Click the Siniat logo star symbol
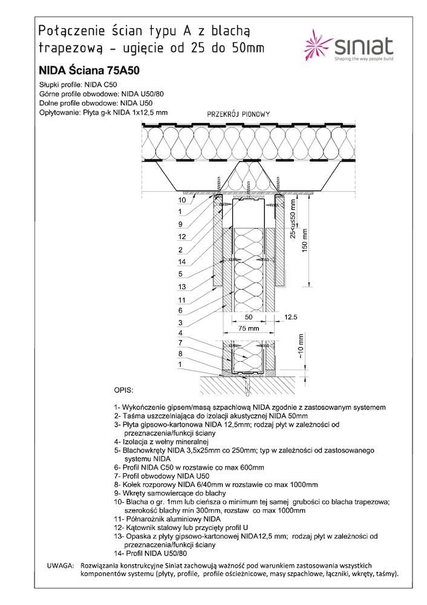coord(318,45)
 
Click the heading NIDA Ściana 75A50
coord(89,71)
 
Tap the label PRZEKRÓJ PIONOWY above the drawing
coord(238,114)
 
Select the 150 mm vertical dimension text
coord(305,241)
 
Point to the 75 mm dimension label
coord(249,329)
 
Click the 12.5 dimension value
coord(290,317)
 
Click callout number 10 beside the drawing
coord(182,200)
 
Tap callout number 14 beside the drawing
coord(182,261)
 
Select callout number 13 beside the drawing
coord(182,287)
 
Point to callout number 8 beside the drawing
coord(180,353)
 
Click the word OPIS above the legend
coord(123,390)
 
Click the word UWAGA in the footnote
coord(60,566)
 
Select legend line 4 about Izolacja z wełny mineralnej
coord(161,442)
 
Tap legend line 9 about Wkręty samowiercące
coord(170,493)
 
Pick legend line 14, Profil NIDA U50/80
coord(151,554)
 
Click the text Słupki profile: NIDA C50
coord(78,85)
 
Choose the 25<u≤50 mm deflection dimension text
coord(293,218)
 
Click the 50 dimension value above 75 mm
coord(249,317)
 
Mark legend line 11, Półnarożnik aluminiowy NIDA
coord(168,519)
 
